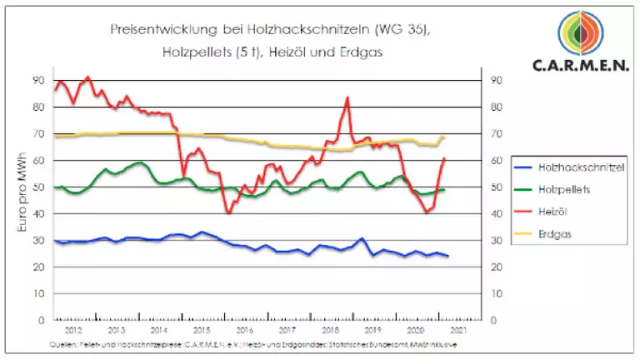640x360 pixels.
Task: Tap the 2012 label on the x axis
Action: pyautogui.click(x=73, y=331)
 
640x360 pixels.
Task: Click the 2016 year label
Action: pyautogui.click(x=243, y=331)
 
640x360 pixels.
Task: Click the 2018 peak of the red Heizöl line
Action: pyautogui.click(x=347, y=97)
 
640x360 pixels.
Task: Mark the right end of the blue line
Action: pyautogui.click(x=448, y=256)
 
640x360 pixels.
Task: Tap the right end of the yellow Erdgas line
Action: pyautogui.click(x=445, y=137)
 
